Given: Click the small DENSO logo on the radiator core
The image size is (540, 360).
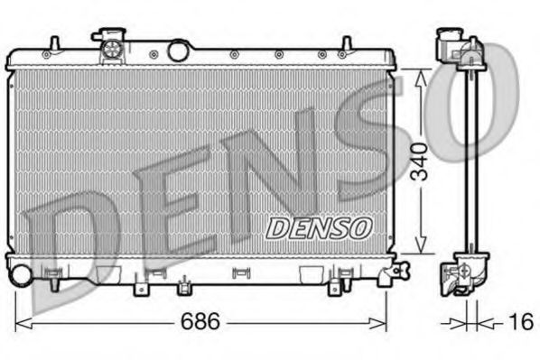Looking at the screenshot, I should pyautogui.click(x=317, y=226).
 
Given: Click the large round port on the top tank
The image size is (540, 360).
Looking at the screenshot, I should pyautogui.click(x=179, y=51).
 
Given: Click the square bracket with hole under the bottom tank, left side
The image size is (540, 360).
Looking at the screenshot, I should pyautogui.click(x=141, y=289).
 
